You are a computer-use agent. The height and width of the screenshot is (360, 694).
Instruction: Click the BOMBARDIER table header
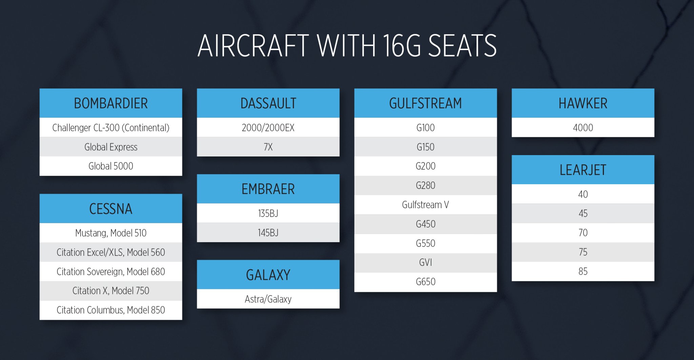pos(111,103)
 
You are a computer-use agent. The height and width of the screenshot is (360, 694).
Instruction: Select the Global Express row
pos(111,147)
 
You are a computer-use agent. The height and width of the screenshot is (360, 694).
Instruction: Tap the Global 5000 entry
pos(111,166)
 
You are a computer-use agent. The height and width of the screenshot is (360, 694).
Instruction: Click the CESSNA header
pos(111,209)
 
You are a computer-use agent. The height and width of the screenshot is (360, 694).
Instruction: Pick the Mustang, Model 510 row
pos(111,233)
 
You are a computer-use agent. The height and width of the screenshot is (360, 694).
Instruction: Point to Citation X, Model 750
pos(111,291)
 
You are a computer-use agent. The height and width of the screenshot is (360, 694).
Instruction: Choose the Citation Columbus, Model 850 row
pos(111,310)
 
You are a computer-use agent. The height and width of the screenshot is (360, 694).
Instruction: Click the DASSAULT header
pos(268,103)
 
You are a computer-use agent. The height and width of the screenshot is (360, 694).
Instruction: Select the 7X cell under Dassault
pos(268,147)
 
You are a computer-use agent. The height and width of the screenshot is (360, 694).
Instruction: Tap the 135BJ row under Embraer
pos(268,213)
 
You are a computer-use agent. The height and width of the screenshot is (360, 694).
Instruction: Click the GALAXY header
pos(268,275)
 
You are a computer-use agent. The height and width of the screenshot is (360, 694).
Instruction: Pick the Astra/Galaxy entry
pos(268,299)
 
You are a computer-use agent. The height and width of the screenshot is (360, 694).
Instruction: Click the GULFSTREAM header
pos(425,103)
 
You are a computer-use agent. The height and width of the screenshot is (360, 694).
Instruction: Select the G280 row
pos(425,185)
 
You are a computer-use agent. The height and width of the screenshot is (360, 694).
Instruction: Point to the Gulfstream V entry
pos(425,205)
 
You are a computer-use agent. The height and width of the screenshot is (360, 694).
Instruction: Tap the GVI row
pos(425,262)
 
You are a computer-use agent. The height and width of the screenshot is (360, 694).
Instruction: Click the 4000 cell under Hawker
pos(583,128)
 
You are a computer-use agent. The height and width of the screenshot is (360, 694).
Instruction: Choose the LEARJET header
pos(583,170)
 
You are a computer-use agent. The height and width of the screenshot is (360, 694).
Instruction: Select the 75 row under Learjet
pos(583,252)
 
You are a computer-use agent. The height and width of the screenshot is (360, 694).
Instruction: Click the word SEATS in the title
pos(462,46)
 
